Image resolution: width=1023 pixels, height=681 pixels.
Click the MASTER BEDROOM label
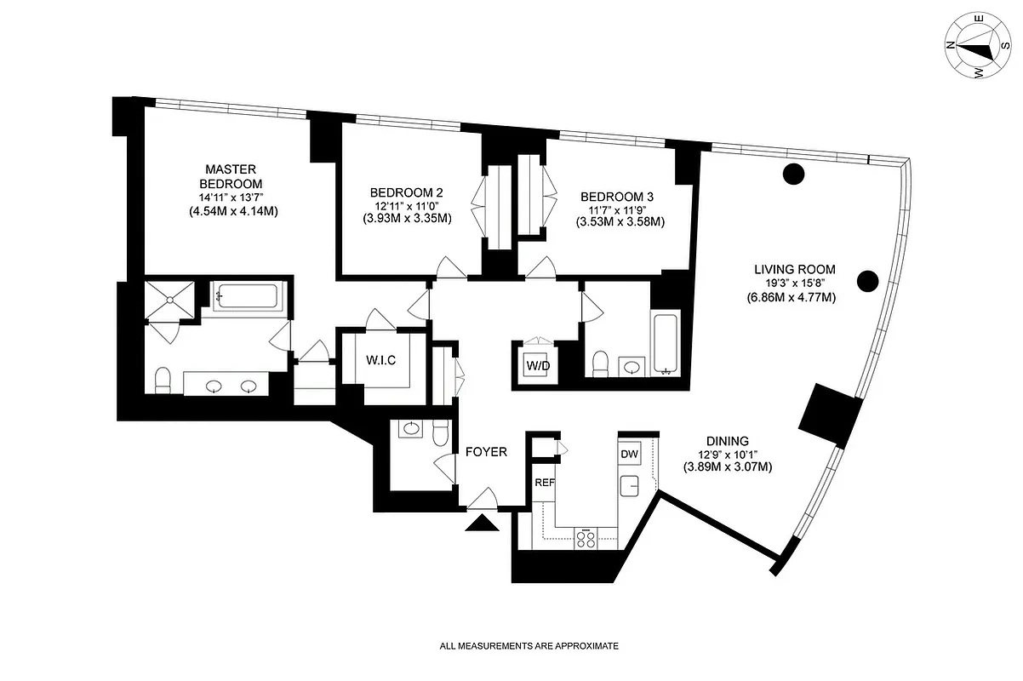(x=231, y=176)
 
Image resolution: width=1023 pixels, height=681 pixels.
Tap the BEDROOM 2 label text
(x=406, y=192)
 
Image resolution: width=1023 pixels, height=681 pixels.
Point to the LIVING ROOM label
(x=794, y=270)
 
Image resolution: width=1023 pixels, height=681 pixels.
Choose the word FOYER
(x=486, y=452)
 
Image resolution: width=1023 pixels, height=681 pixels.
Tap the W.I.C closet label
(x=381, y=360)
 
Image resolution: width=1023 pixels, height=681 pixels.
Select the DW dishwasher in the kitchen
(x=630, y=455)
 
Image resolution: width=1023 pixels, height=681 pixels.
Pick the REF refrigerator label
(x=544, y=483)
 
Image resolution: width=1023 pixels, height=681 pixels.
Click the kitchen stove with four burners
(x=586, y=538)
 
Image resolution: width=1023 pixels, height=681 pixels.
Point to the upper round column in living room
(x=793, y=175)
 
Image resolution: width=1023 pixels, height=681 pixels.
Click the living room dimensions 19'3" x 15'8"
(x=794, y=283)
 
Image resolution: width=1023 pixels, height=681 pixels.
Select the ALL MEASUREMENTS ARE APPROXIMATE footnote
(x=529, y=646)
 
